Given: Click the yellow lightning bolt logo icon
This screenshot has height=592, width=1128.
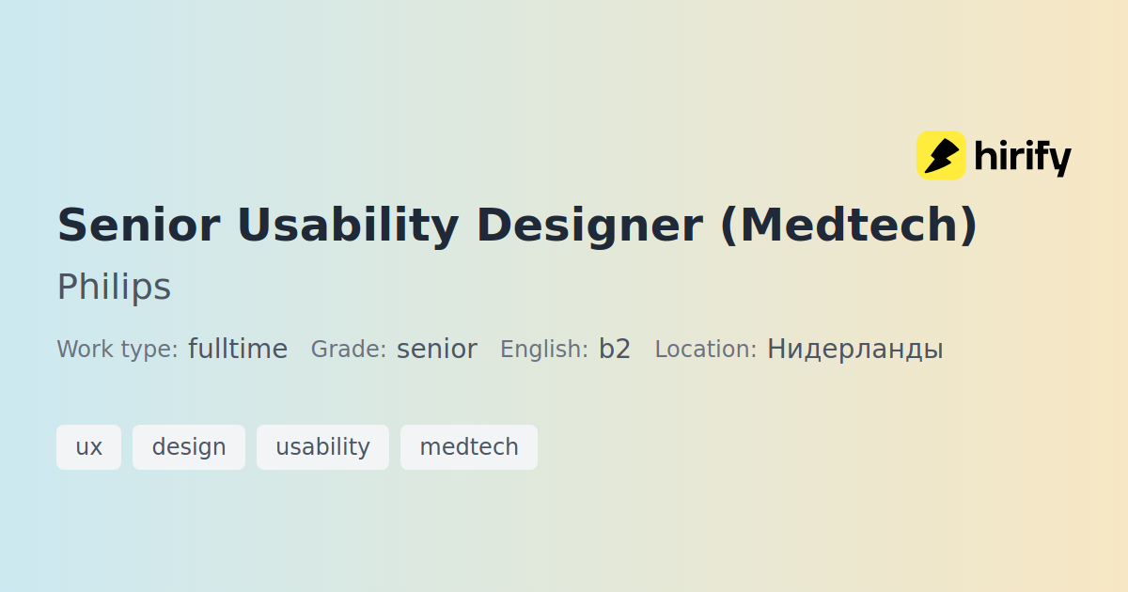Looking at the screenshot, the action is click(x=941, y=155).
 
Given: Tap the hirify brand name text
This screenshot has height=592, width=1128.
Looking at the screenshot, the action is click(x=1023, y=157).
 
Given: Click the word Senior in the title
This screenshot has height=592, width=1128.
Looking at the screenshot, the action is click(x=139, y=225).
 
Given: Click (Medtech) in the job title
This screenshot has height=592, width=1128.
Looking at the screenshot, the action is click(x=849, y=226).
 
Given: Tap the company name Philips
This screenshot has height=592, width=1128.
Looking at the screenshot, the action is click(x=115, y=287).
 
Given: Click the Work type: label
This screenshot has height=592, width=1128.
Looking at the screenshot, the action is click(x=117, y=350).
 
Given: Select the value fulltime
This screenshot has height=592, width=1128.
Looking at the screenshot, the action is click(x=238, y=349).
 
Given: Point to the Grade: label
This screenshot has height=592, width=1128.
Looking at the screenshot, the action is click(x=349, y=349).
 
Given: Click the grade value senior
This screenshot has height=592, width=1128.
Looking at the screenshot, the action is click(x=436, y=350).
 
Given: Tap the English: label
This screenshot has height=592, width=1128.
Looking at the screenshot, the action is click(x=544, y=350).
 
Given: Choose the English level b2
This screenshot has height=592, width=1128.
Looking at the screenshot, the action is click(x=615, y=349).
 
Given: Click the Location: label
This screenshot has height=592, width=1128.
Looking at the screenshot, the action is click(x=706, y=349).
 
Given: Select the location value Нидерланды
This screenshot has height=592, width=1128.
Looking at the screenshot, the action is click(x=855, y=350).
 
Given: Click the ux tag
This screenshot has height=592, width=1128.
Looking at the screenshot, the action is click(x=88, y=447).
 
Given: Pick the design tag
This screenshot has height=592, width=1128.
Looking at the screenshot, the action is click(x=189, y=447).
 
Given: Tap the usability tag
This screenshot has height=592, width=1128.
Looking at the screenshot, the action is click(x=322, y=447).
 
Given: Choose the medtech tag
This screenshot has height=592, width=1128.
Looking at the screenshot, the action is click(x=469, y=447).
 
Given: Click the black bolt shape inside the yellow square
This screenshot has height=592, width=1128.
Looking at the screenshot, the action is click(x=940, y=156).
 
